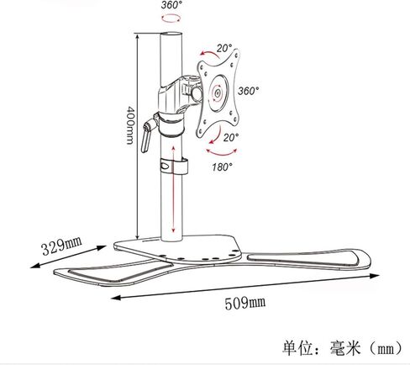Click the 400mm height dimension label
pos(130,125)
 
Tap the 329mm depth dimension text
pos(62,246)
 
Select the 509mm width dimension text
pos(244,304)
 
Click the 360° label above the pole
pos(171,5)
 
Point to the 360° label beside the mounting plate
pos(248,91)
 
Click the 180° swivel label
pos(222,167)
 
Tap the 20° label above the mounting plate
pos(224,48)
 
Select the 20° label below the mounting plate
pos(231,137)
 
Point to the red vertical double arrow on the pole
pos(173,189)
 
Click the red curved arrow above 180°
pos(222,154)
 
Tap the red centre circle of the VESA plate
pos(218,93)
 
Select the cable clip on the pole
pos(174,166)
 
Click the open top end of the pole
pos(171,34)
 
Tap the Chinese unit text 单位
pos(297,348)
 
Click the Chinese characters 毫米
pos(345,348)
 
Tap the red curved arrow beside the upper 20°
pos(209,54)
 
